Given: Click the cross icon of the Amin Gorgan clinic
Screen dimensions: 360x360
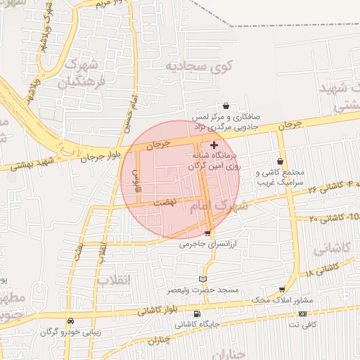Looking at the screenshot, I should click(x=214, y=144).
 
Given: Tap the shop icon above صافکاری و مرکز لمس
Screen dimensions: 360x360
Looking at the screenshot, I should click(x=226, y=105).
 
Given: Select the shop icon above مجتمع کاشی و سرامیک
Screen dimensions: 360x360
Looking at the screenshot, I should click(x=280, y=161).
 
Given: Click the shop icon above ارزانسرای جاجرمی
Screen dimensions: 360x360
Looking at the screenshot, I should click(x=207, y=233).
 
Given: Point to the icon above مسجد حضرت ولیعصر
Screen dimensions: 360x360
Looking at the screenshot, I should click(x=203, y=278).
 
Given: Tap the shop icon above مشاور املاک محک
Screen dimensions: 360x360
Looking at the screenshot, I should click(x=282, y=289).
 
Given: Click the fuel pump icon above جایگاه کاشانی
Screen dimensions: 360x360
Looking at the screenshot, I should click(x=196, y=314).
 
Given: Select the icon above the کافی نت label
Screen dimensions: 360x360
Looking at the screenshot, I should click(x=303, y=314).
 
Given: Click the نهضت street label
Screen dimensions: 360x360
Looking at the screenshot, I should click(x=165, y=200).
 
